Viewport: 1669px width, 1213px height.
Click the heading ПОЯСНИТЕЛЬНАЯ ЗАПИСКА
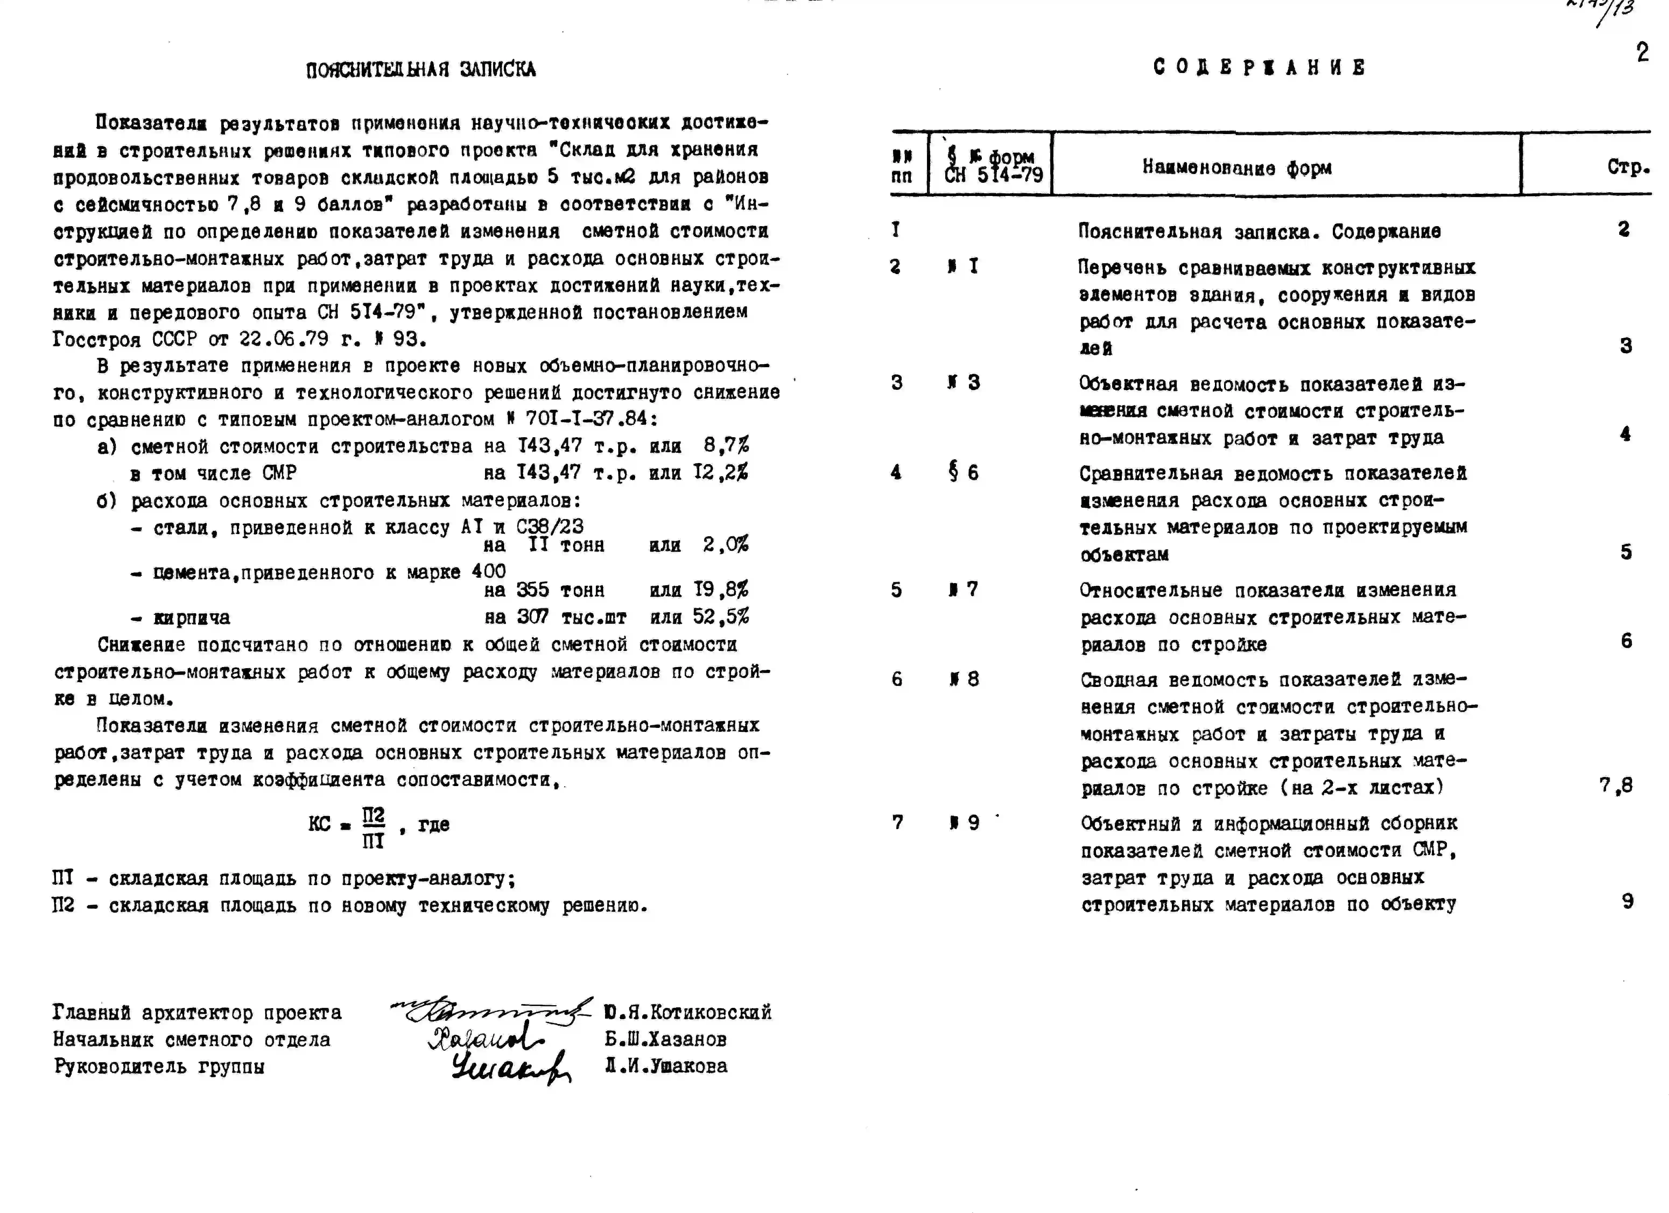click(x=421, y=70)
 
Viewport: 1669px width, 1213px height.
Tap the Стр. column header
click(x=1628, y=168)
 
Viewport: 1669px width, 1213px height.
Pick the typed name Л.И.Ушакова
click(x=666, y=1066)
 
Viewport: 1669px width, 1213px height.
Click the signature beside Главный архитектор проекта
click(x=491, y=1011)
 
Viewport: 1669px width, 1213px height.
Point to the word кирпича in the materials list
click(x=191, y=618)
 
